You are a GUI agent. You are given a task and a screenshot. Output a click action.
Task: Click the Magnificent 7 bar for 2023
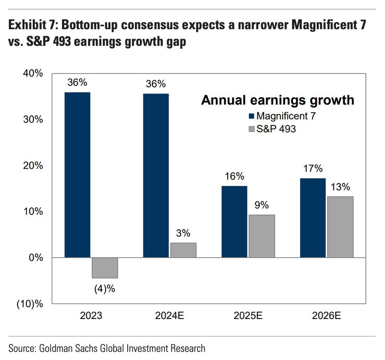click(x=77, y=175)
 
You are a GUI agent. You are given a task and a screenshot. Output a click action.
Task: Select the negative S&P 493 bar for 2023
click(x=105, y=267)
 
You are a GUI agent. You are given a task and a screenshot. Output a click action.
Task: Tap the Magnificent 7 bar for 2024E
click(x=156, y=176)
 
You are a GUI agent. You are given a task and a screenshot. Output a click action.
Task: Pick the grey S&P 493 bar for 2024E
click(x=183, y=250)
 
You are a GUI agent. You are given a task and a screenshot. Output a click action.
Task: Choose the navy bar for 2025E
click(x=234, y=221)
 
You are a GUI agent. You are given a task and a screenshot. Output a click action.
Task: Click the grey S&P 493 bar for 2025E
click(x=262, y=236)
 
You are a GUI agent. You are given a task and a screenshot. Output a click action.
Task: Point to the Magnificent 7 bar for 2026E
click(x=313, y=218)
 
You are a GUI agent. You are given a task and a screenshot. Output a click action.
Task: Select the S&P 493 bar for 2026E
click(x=340, y=227)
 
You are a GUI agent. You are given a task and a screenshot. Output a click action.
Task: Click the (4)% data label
click(x=105, y=288)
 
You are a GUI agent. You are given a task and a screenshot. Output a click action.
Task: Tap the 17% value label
click(x=313, y=169)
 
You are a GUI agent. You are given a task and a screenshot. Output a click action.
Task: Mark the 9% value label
click(x=262, y=205)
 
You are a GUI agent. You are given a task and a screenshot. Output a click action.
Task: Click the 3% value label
click(x=183, y=233)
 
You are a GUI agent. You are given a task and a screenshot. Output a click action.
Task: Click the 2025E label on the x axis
click(x=249, y=316)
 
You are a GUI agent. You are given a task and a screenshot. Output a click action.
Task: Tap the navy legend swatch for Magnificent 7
click(x=251, y=116)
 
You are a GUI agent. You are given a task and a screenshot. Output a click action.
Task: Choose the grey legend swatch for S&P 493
click(x=251, y=129)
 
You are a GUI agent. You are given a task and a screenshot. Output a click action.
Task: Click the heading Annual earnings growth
click(x=277, y=101)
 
